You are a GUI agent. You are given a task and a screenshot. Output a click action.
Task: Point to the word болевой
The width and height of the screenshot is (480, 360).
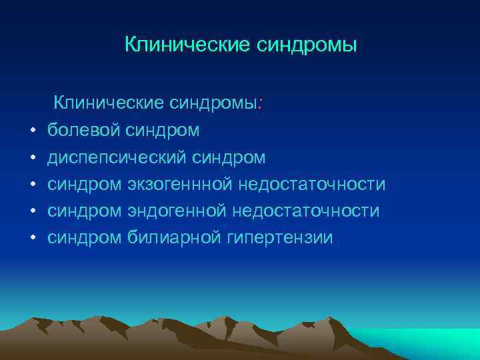pyautogui.click(x=83, y=130)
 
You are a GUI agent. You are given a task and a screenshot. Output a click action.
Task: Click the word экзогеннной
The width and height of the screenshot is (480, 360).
pyautogui.click(x=178, y=184)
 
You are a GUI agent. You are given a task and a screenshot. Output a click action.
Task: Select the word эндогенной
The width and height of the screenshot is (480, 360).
pyautogui.click(x=175, y=211)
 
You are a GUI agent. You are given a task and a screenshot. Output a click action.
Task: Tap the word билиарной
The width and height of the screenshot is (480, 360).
pyautogui.click(x=174, y=237)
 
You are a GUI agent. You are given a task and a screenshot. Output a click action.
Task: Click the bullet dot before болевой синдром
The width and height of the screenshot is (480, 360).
pyautogui.click(x=32, y=131)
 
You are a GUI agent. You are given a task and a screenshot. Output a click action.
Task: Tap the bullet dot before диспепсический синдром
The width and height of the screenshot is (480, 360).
pyautogui.click(x=32, y=158)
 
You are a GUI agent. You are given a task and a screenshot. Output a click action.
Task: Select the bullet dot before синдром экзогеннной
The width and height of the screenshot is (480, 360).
pyautogui.click(x=32, y=185)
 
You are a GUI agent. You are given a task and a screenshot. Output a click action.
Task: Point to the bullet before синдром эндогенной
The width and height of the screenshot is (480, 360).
pyautogui.click(x=32, y=211)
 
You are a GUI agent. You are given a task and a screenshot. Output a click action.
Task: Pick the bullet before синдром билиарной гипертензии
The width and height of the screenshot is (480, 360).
pyautogui.click(x=32, y=238)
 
